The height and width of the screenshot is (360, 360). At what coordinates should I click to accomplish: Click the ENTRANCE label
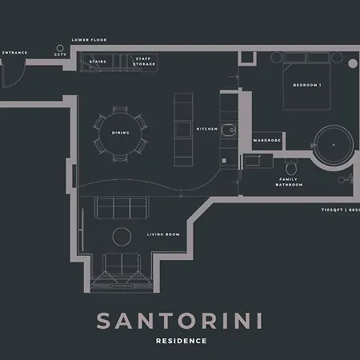click(14, 53)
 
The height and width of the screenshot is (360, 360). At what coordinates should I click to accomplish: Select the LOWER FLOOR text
click(89, 39)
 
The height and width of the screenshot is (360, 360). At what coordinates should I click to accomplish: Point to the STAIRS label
click(98, 61)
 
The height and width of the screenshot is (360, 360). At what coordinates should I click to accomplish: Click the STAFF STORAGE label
click(144, 61)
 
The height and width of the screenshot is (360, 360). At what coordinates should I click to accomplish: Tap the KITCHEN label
click(207, 129)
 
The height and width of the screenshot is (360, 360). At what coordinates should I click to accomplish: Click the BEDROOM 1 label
click(307, 85)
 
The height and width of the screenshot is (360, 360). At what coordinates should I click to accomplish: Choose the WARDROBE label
click(266, 140)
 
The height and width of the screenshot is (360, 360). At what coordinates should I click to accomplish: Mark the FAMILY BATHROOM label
click(290, 182)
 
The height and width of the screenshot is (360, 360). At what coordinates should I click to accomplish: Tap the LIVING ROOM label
click(163, 234)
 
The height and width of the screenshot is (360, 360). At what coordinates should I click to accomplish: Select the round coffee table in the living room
click(122, 237)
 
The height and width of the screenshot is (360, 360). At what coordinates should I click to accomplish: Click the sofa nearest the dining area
click(121, 207)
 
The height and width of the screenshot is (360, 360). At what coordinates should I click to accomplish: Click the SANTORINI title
click(180, 319)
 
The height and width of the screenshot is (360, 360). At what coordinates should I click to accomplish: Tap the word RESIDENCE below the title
click(180, 341)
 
